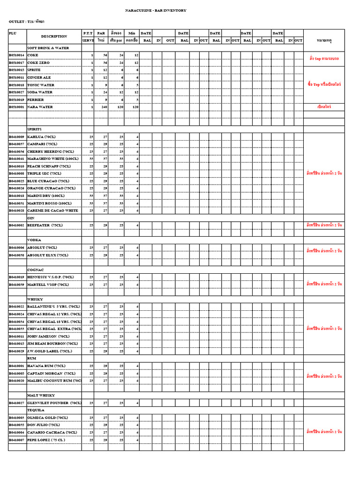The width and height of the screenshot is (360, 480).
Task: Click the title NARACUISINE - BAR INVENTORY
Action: [x=156, y=10]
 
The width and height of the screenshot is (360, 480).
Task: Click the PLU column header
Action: [x=12, y=33]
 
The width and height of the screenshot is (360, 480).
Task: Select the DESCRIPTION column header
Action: [x=54, y=36]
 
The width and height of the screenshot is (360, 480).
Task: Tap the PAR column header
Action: [x=101, y=33]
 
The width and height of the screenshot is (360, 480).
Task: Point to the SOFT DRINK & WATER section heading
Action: [x=48, y=48]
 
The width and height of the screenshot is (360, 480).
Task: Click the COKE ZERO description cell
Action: [x=39, y=62]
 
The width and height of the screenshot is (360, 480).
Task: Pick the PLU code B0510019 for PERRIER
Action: [x=16, y=99]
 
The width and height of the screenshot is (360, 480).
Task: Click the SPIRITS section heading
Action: [x=35, y=129]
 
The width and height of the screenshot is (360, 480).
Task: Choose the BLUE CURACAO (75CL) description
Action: [x=48, y=181]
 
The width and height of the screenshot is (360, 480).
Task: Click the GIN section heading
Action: [x=31, y=218]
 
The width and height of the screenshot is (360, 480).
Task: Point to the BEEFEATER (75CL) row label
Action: [x=45, y=225]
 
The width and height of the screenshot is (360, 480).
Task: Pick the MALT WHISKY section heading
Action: [x=41, y=395]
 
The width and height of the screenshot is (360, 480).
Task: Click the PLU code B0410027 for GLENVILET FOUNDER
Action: [x=16, y=403]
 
